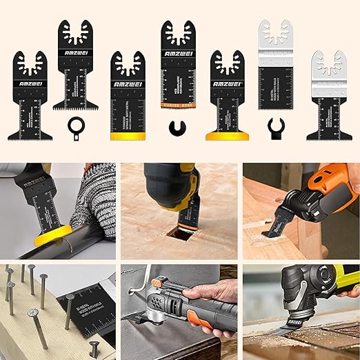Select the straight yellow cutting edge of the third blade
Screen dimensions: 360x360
coord(126,137)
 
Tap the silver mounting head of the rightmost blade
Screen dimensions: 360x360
coord(328,66)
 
